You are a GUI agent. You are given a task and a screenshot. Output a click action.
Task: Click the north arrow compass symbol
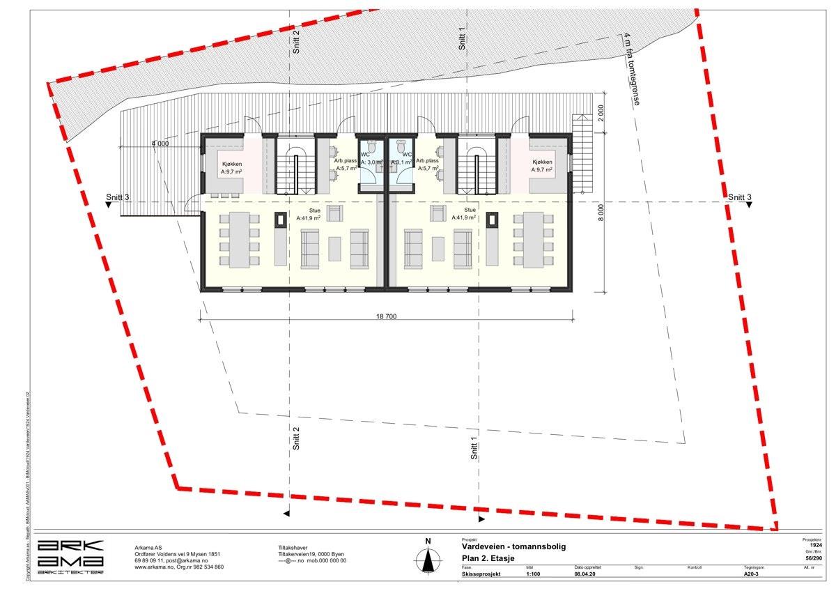pos(428,559)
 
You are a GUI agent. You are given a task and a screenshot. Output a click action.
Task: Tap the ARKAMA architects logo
pos(70,555)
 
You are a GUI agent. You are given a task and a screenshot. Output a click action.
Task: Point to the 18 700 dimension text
pos(387,316)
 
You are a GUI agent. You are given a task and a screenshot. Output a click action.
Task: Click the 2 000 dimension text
pos(601,114)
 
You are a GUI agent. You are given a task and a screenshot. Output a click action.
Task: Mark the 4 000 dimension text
pos(161,144)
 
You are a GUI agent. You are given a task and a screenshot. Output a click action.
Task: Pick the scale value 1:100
pos(535,575)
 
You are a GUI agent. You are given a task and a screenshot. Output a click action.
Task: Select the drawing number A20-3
pos(750,575)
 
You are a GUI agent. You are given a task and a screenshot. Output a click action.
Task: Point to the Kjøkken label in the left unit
pos(232,164)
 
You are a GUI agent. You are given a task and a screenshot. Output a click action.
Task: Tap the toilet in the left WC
pos(371,147)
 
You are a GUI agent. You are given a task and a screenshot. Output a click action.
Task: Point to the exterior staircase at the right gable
pos(581,151)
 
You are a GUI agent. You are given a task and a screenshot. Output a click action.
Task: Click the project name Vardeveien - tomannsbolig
pos(514,546)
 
